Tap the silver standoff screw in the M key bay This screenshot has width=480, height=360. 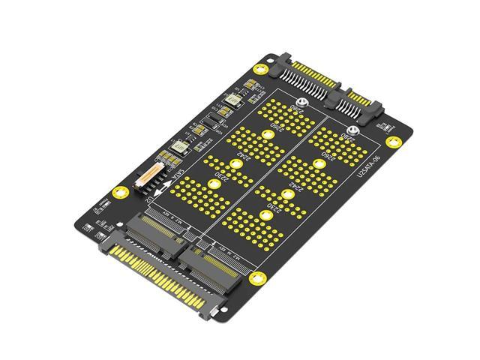(352, 131)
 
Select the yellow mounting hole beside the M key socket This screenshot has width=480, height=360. (262, 279)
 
